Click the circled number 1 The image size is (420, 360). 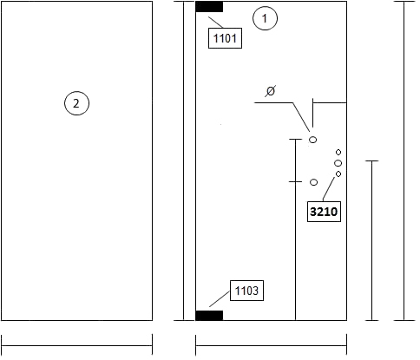pyautogui.click(x=265, y=18)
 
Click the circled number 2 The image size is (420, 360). pyautogui.click(x=76, y=103)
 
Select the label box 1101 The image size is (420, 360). pyautogui.click(x=225, y=38)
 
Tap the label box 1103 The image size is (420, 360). pyautogui.click(x=246, y=291)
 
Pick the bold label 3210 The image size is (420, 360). pyautogui.click(x=324, y=212)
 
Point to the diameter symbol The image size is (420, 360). pyautogui.click(x=271, y=91)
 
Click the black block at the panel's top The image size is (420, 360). pyautogui.click(x=209, y=7)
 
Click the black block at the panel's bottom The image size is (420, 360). pyautogui.click(x=209, y=316)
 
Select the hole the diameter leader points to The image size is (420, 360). pyautogui.click(x=313, y=140)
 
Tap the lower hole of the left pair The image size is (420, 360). pyautogui.click(x=314, y=182)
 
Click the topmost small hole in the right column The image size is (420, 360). pyautogui.click(x=338, y=152)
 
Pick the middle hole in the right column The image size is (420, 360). pyautogui.click(x=338, y=163)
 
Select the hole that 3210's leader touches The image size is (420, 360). pyautogui.click(x=338, y=174)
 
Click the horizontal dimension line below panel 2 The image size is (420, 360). pyautogui.click(x=77, y=345)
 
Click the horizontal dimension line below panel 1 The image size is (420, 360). pyautogui.click(x=272, y=345)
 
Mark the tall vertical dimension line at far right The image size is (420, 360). pyautogui.click(x=404, y=160)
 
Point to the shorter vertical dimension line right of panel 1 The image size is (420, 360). pyautogui.click(x=372, y=240)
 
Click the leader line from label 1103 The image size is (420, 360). pyautogui.click(x=220, y=298)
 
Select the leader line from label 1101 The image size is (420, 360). pyautogui.click(x=216, y=23)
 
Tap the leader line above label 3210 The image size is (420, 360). pyautogui.click(x=329, y=189)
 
